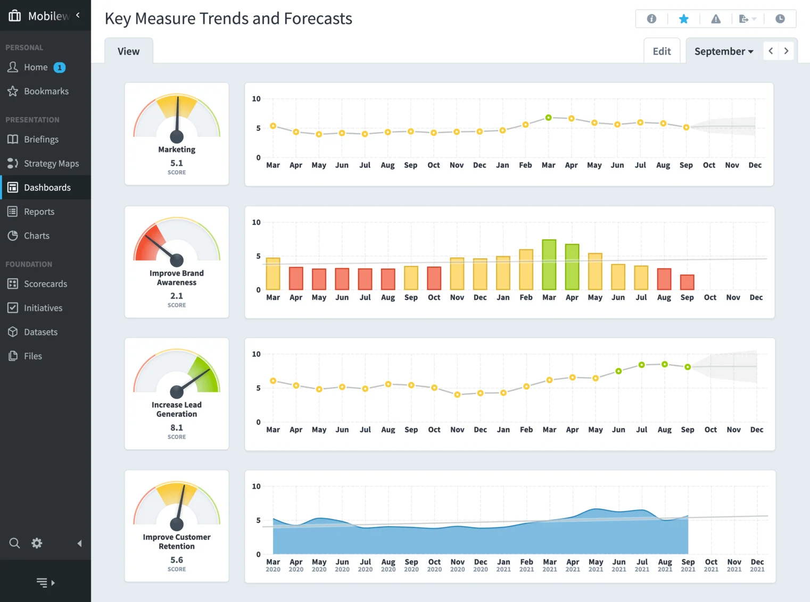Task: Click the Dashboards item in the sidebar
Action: click(x=47, y=188)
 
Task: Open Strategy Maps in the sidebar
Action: click(x=51, y=164)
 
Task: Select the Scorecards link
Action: click(x=45, y=284)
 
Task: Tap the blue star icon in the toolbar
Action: click(x=684, y=19)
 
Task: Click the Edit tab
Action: click(x=662, y=52)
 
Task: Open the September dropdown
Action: click(x=723, y=52)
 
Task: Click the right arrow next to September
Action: click(x=786, y=51)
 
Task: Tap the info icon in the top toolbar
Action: click(x=651, y=19)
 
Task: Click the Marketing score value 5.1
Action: click(x=177, y=163)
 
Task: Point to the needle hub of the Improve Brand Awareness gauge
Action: click(x=177, y=260)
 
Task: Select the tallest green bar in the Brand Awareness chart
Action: click(x=549, y=264)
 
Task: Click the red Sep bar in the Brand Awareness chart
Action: click(x=687, y=282)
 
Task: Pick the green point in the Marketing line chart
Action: click(x=548, y=118)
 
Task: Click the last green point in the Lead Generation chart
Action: click(x=688, y=367)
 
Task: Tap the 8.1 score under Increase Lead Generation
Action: click(x=177, y=428)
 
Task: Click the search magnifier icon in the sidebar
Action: click(x=14, y=543)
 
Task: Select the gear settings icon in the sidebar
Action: click(x=37, y=543)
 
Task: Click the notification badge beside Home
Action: click(x=60, y=68)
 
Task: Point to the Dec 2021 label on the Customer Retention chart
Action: click(x=757, y=565)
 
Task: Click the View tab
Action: click(x=129, y=52)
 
